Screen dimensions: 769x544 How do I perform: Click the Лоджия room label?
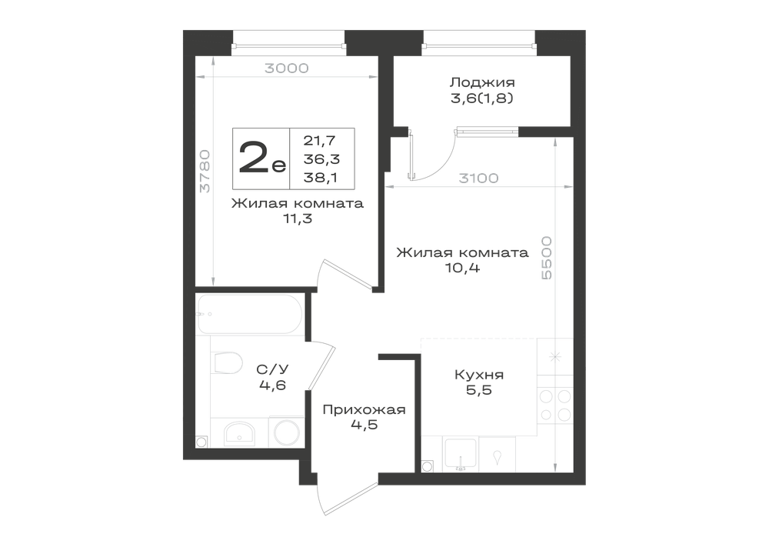483,82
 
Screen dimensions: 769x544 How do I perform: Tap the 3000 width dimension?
286,68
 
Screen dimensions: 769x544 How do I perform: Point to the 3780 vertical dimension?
205,171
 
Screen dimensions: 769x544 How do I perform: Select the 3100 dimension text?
478,178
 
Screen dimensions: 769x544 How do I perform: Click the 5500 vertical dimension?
547,258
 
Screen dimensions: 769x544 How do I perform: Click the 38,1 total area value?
320,178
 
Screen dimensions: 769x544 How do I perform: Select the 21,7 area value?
319,140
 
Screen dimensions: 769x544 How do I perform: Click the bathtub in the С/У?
250,314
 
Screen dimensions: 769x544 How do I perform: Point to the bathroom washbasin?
239,433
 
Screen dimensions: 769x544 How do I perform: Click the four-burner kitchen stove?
555,405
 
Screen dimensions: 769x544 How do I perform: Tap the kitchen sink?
460,455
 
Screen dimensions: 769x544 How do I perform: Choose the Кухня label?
479,375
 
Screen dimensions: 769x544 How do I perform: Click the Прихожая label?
364,409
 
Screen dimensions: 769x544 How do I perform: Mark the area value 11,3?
297,219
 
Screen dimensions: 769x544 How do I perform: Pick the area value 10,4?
463,268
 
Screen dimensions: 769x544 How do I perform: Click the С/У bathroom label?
272,369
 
